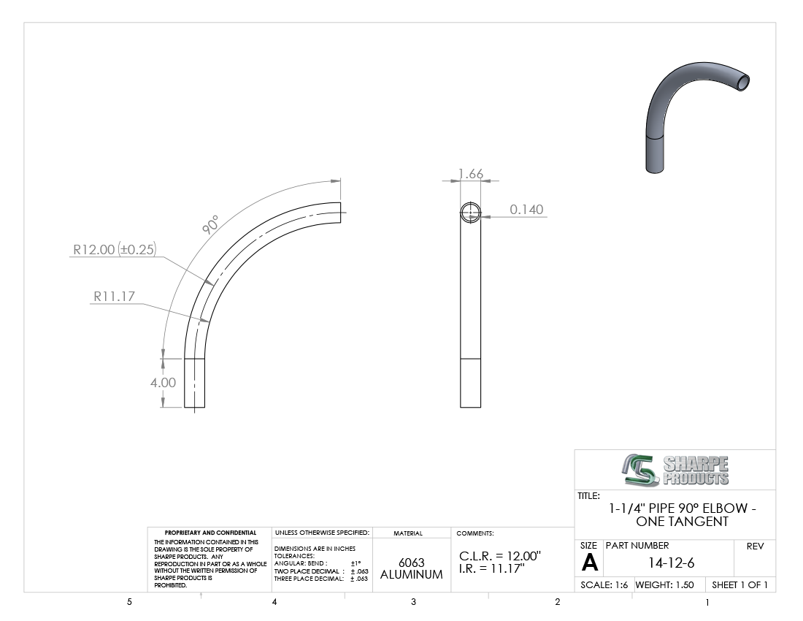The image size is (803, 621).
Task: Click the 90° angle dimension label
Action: pos(210,225)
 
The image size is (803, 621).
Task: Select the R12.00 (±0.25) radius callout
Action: pos(114,250)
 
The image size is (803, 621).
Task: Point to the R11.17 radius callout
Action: pos(114,296)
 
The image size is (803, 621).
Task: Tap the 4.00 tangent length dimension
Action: pos(163,383)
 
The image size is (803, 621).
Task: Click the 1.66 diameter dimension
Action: pos(471,174)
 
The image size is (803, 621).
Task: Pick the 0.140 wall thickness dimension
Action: pos(526,210)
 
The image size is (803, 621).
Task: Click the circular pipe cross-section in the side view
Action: pos(471,213)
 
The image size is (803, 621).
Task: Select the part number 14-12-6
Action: pos(671,563)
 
